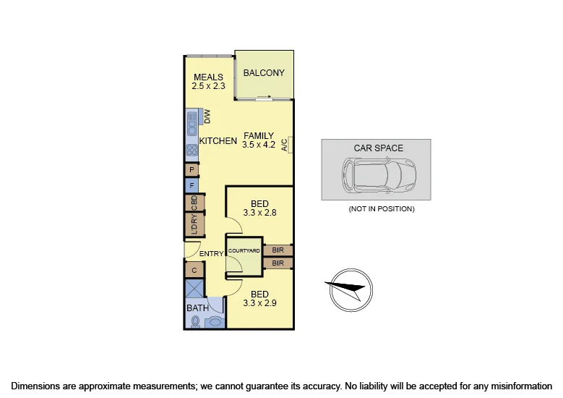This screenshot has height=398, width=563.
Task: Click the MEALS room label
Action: pyautogui.click(x=209, y=77)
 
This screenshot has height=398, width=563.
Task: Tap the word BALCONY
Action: pyautogui.click(x=264, y=73)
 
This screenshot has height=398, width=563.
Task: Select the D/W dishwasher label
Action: pyautogui.click(x=206, y=116)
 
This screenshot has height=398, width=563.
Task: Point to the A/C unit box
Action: pyautogui.click(x=285, y=145)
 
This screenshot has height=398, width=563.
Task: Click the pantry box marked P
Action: pyautogui.click(x=192, y=170)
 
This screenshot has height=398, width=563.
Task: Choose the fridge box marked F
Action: pyautogui.click(x=192, y=185)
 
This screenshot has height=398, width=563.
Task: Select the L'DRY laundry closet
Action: pyautogui.click(x=194, y=225)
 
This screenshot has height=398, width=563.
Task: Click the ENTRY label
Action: pyautogui.click(x=212, y=254)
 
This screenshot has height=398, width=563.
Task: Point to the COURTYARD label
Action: pyautogui.click(x=244, y=250)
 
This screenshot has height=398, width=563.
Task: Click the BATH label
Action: pyautogui.click(x=198, y=308)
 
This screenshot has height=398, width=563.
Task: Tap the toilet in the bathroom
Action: pyautogui.click(x=195, y=321)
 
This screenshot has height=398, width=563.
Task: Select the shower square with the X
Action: pyautogui.click(x=194, y=289)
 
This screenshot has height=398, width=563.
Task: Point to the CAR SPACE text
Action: pyautogui.click(x=378, y=148)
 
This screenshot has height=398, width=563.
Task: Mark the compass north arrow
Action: pyautogui.click(x=349, y=289)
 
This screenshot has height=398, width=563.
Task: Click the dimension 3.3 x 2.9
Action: pyautogui.click(x=259, y=304)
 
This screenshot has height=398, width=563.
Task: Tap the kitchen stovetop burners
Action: pyautogui.click(x=192, y=151)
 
